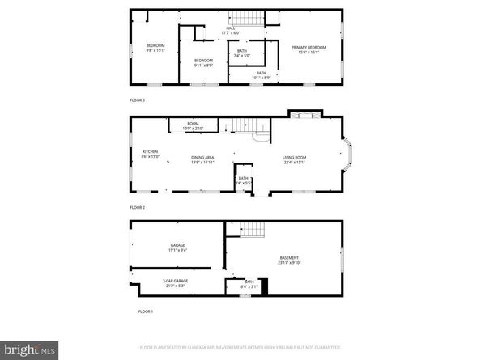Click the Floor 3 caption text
(138, 100)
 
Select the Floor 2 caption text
(138, 207)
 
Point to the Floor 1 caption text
(145, 311)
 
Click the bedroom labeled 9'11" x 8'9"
(203, 63)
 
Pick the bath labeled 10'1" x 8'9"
(261, 75)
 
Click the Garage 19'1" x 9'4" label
(178, 248)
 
